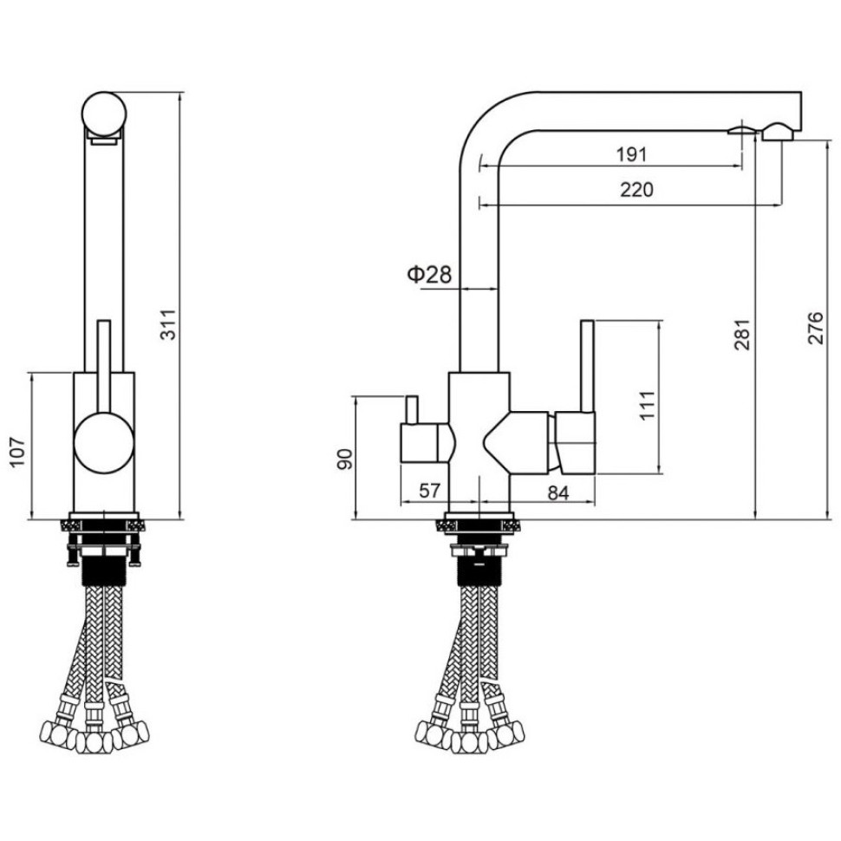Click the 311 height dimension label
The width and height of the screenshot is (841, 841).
click(x=168, y=324)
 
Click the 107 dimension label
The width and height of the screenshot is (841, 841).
click(x=18, y=452)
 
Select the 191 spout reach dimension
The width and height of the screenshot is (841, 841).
click(x=631, y=154)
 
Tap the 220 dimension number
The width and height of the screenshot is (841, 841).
click(x=636, y=189)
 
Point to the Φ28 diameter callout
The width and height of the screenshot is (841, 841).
click(x=430, y=275)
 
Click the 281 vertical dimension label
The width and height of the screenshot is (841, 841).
click(x=742, y=335)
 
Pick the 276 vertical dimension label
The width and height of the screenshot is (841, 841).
click(x=815, y=328)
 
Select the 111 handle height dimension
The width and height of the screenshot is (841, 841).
click(x=648, y=406)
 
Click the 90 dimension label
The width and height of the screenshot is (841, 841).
click(x=344, y=460)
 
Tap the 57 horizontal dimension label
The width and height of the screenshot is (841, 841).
click(x=429, y=490)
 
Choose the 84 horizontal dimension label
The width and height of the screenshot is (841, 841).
click(x=557, y=493)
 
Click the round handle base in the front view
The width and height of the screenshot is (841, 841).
click(x=103, y=442)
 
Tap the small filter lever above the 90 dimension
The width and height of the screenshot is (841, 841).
click(x=412, y=410)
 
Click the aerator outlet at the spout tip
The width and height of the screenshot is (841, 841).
click(x=778, y=132)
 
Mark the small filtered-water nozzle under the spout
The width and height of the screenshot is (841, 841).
click(x=742, y=129)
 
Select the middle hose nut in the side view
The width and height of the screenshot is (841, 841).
click(x=94, y=742)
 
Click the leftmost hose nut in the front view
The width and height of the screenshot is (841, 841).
click(x=434, y=732)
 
